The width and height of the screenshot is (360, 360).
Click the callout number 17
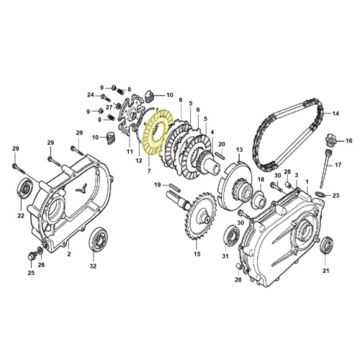[x=338, y=165]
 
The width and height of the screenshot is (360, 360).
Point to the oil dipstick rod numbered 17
[x=325, y=168]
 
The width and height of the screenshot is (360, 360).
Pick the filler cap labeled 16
[x=330, y=139]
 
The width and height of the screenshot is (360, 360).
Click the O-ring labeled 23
[x=320, y=194]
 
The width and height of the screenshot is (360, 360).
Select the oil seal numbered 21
[x=326, y=245]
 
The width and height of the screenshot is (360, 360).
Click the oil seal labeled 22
[x=24, y=189]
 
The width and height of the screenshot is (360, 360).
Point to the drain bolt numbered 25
[x=32, y=256]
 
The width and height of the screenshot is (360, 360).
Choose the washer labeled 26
[x=40, y=251]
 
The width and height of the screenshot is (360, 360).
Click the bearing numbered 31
[x=231, y=235]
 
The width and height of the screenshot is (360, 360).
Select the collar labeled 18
[x=258, y=198]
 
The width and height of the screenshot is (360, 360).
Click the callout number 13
[x=239, y=150]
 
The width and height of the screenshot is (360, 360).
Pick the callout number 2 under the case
[x=69, y=253]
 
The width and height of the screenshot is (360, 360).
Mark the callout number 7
[x=149, y=171]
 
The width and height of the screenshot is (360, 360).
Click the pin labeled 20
[x=221, y=155]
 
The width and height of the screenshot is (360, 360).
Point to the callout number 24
[x=91, y=95]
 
